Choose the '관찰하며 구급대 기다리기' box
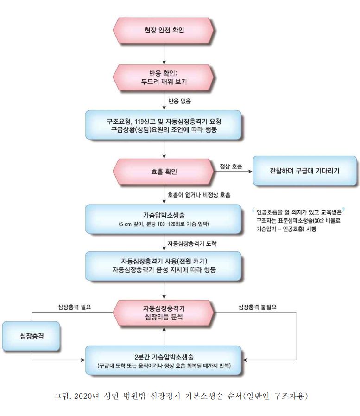tap(304, 171)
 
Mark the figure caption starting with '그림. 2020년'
tap(181, 396)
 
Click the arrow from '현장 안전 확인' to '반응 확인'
tap(164, 54)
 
